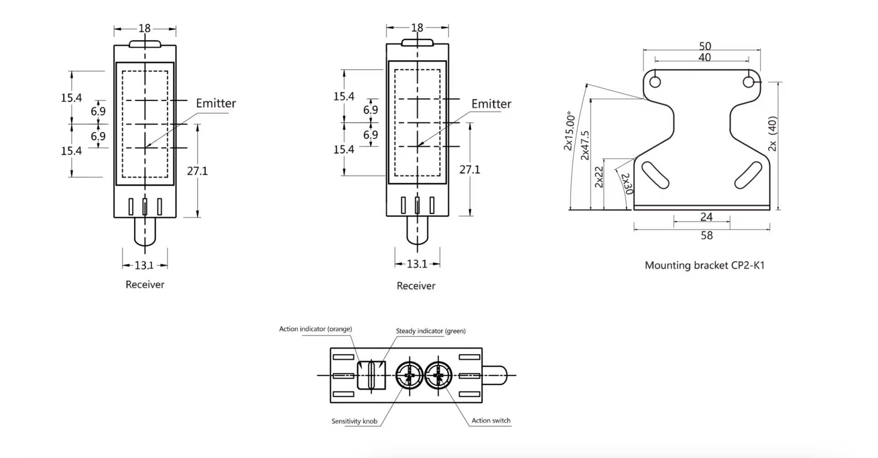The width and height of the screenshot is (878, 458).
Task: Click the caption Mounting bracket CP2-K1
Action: pos(704,265)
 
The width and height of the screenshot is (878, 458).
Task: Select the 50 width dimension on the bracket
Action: pos(705,46)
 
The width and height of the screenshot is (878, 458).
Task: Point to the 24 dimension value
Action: pos(707,217)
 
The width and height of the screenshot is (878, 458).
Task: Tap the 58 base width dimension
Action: pos(707,235)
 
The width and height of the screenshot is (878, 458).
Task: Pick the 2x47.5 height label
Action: pos(585,145)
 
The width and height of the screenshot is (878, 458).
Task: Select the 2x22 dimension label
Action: pos(599,176)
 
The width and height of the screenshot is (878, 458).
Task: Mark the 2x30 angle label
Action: pos(626,184)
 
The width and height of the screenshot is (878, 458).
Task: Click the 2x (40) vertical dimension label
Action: pos(772,133)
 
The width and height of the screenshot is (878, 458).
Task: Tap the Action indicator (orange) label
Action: pos(316,329)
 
